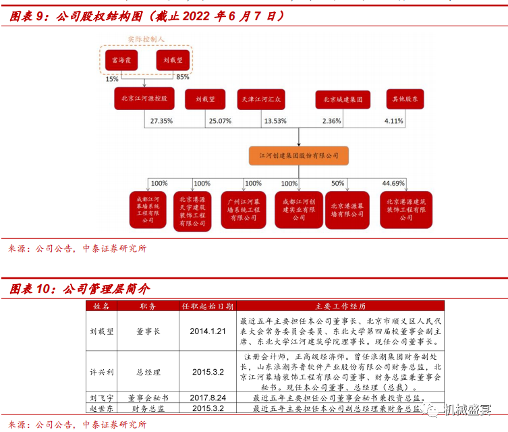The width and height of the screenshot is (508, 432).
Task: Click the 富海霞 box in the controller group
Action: click(122, 60)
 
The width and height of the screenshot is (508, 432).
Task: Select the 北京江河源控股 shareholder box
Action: click(144, 99)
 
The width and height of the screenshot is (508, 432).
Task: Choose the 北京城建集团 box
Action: click(343, 99)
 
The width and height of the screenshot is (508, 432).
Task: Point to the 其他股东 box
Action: click(405, 99)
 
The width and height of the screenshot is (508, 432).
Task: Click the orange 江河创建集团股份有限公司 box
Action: click(299, 156)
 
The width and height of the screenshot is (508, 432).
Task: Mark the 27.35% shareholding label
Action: click(162, 122)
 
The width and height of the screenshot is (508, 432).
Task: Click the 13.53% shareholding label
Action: click(275, 122)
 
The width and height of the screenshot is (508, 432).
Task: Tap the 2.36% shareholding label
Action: click(332, 122)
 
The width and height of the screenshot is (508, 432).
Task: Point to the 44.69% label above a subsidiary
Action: click(393, 183)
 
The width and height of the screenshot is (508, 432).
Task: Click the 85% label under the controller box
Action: click(183, 78)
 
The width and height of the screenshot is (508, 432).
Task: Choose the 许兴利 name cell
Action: click(102, 371)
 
